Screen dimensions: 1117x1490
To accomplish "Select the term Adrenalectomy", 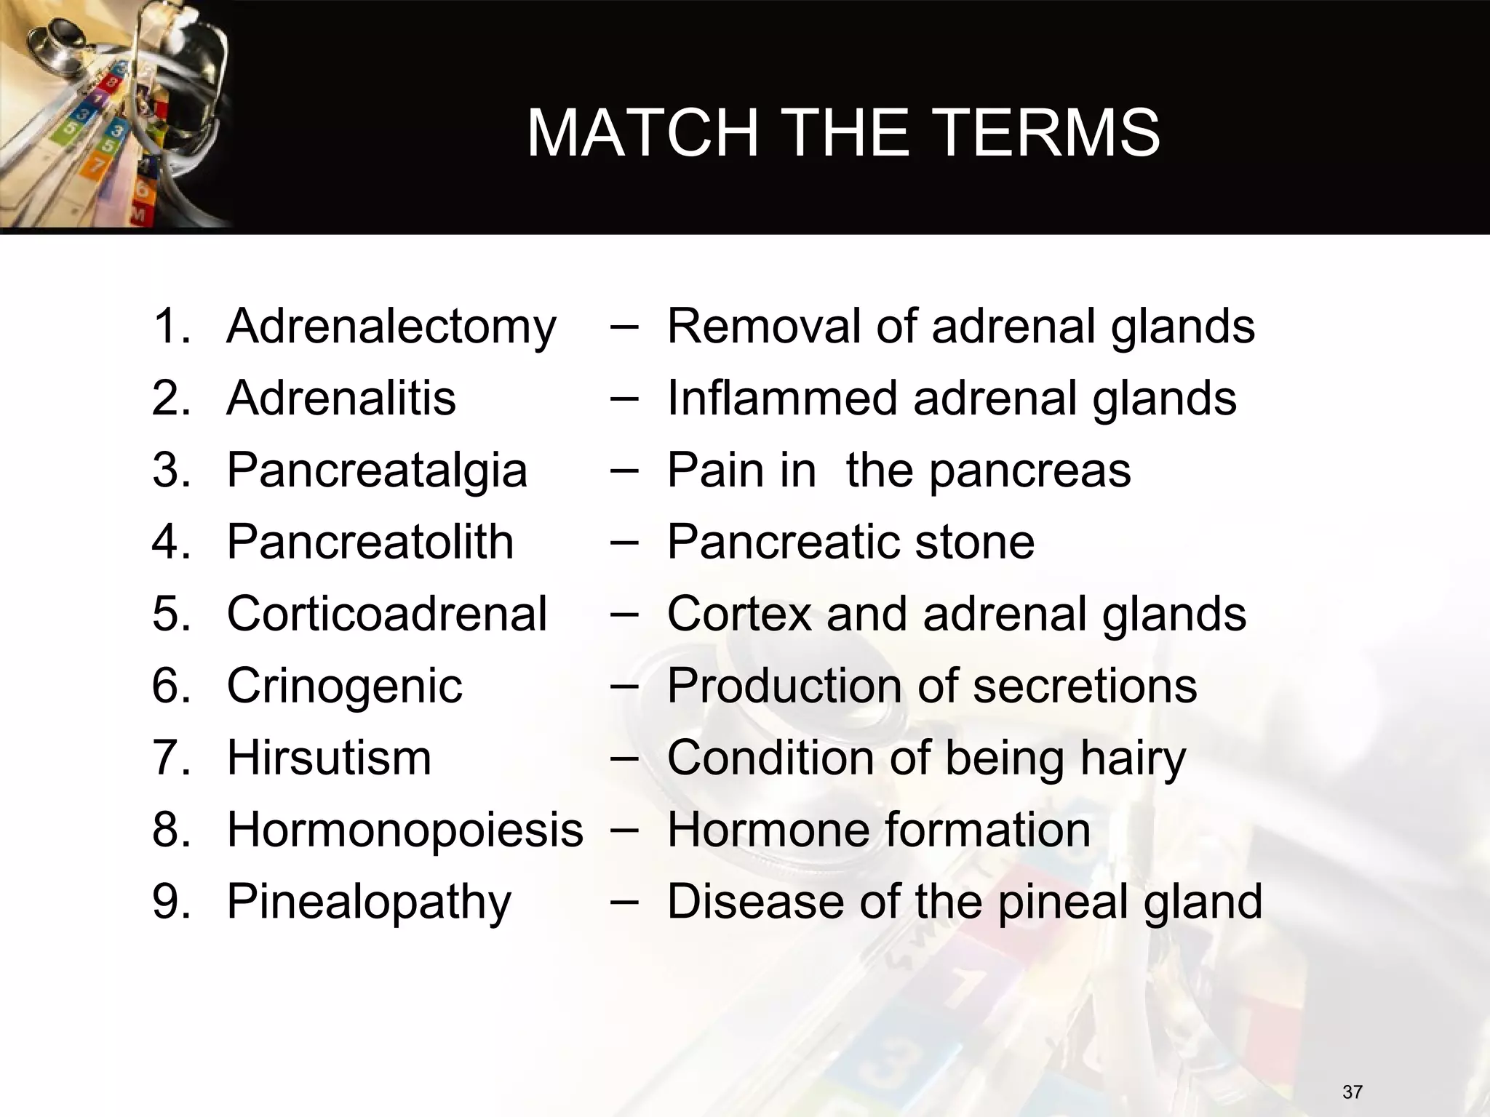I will coord(391,327).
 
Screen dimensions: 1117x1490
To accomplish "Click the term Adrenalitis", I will coord(341,398).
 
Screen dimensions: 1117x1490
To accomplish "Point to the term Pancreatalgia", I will coord(377,470).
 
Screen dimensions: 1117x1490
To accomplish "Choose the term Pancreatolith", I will coord(370,542).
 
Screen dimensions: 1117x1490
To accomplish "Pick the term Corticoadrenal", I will coord(386,613).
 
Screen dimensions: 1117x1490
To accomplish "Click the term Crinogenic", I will coord(344,686).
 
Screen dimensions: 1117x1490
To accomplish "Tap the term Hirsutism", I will coord(329,757).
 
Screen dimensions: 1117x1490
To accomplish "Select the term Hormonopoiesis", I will coord(405,829).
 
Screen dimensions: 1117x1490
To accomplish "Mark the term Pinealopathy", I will coord(369,902).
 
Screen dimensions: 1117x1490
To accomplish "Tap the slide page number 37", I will coord(1352,1092).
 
